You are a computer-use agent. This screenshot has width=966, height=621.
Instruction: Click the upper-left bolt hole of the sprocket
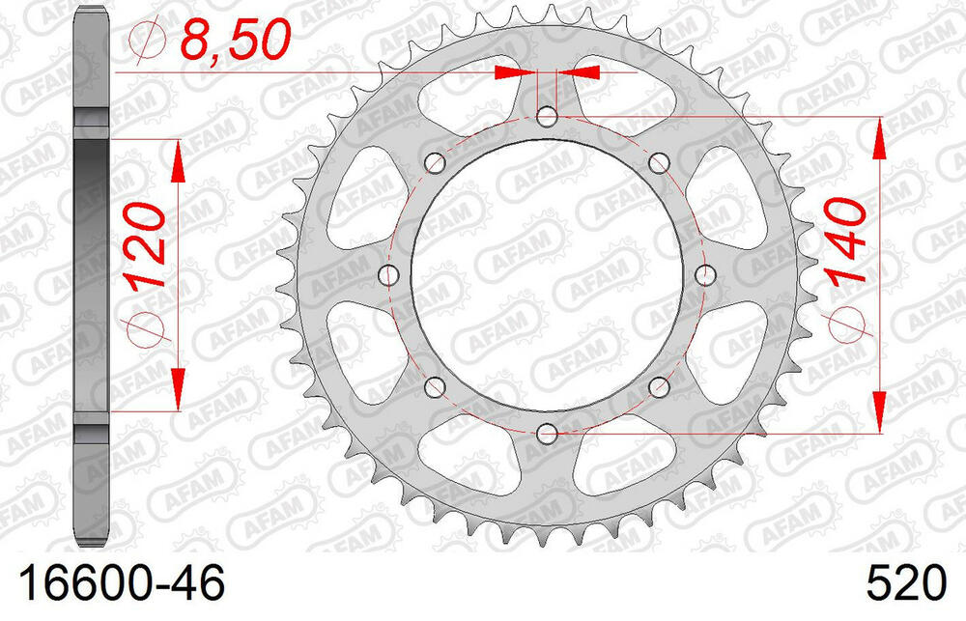tap(436, 162)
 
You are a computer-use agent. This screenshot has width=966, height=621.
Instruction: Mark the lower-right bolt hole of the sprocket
tap(659, 387)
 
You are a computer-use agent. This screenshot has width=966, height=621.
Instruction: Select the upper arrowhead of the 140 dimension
tap(879, 139)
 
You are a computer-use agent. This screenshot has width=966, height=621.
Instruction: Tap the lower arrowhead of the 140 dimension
tap(879, 410)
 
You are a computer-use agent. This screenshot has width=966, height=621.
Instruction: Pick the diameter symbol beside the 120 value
tap(145, 326)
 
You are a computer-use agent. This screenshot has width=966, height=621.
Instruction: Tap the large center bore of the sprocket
tap(547, 275)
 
